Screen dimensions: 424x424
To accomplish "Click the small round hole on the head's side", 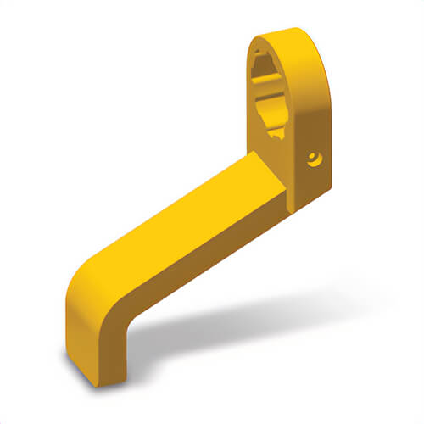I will (313, 158).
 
